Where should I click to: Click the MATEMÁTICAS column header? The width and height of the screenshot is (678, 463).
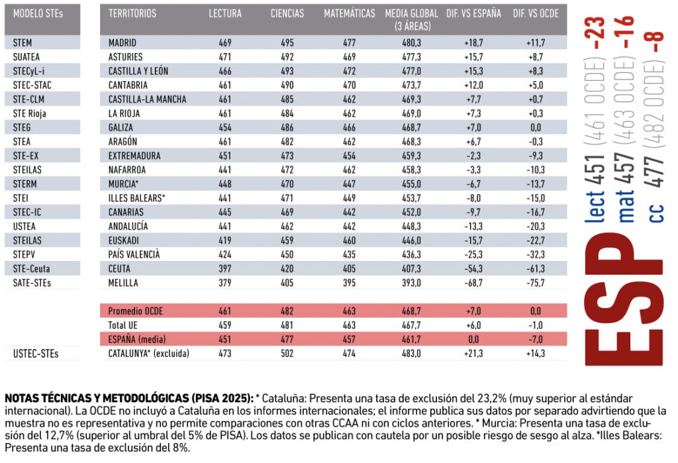pyautogui.click(x=350, y=14)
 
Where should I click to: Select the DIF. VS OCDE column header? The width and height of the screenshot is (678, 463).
pyautogui.click(x=536, y=14)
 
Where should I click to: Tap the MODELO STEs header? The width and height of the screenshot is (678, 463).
pyautogui.click(x=38, y=14)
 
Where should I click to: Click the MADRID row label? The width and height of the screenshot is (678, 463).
pyautogui.click(x=122, y=43)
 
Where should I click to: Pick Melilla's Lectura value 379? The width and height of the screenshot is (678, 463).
pyautogui.click(x=225, y=283)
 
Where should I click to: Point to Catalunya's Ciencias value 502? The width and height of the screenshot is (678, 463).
pyautogui.click(x=287, y=354)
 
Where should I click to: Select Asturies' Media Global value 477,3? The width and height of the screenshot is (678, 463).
pyautogui.click(x=412, y=57)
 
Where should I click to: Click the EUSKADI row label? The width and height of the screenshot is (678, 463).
pyautogui.click(x=124, y=240)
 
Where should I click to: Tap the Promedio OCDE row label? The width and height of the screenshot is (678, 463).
pyautogui.click(x=135, y=311)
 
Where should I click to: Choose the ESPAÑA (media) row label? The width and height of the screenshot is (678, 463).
pyautogui.click(x=137, y=339)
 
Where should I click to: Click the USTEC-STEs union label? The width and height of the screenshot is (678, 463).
pyautogui.click(x=36, y=354)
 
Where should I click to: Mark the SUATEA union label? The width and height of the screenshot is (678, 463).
pyautogui.click(x=26, y=57)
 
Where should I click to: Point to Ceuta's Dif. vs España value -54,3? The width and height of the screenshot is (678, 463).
pyautogui.click(x=473, y=269)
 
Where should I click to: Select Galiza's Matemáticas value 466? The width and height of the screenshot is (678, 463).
pyautogui.click(x=350, y=128)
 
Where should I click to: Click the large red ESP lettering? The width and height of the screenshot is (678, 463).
pyautogui.click(x=624, y=299)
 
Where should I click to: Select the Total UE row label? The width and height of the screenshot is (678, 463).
pyautogui.click(x=122, y=325)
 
